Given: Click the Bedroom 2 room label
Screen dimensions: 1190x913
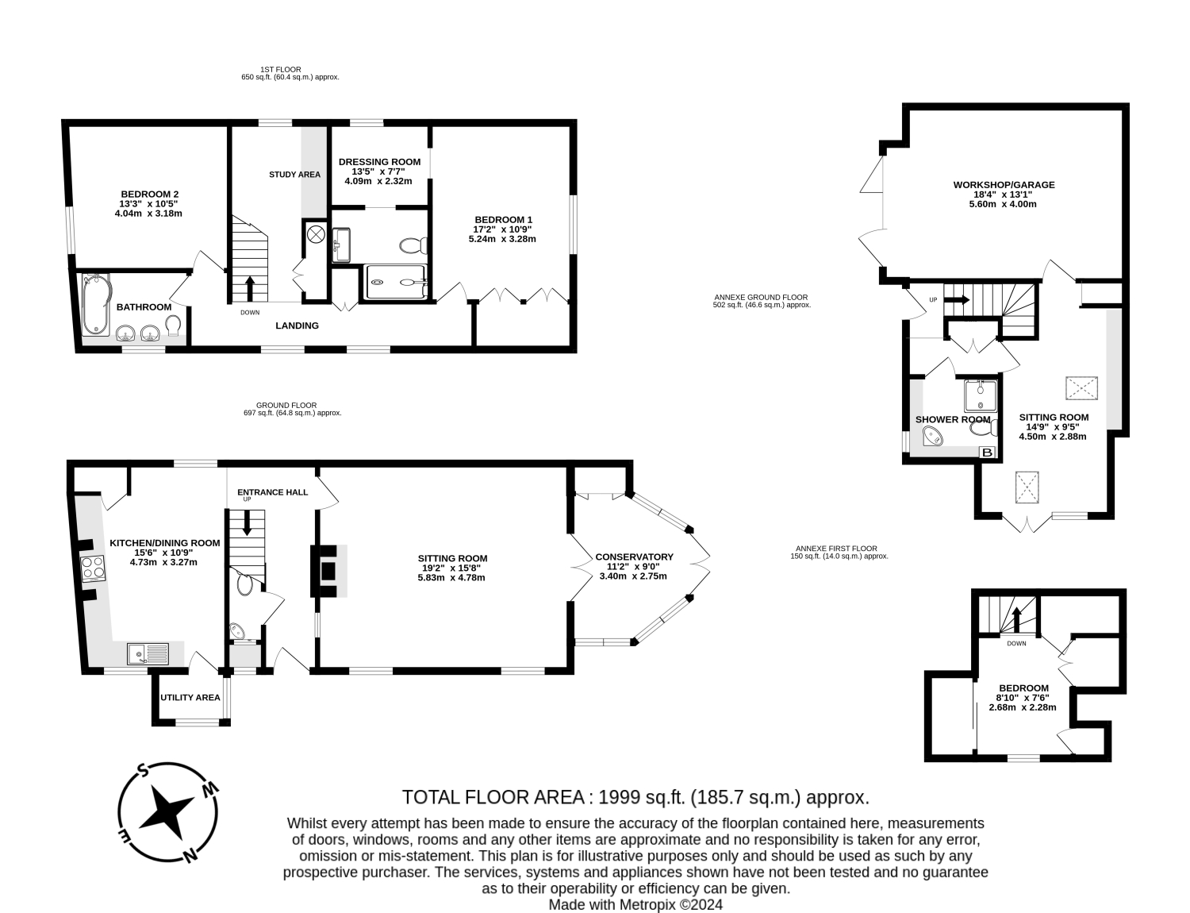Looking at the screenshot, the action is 149,194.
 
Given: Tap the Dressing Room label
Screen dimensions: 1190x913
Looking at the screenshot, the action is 379,162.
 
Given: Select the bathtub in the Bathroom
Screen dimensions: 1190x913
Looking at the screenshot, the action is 96,304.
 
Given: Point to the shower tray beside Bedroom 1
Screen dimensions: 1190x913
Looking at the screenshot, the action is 395,282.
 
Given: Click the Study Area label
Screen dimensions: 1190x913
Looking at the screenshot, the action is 294,175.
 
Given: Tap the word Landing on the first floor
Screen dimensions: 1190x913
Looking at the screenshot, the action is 297,326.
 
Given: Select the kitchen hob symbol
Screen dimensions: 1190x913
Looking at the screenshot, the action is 93,568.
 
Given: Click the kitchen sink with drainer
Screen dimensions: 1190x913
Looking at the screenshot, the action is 148,653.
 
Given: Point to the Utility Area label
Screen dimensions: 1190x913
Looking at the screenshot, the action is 190,697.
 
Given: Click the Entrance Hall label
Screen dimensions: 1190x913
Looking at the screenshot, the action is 273,492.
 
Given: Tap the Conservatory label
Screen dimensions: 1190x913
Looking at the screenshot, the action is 634,557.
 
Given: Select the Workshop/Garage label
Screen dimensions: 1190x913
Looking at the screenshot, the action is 1004,185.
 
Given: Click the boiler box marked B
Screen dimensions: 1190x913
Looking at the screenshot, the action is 988,453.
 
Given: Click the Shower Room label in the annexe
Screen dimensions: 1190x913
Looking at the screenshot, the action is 953,420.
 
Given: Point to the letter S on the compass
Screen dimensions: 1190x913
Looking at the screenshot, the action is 142,771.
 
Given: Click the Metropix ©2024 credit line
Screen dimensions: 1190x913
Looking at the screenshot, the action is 635,904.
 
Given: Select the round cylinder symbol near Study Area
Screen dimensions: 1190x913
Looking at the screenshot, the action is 316,234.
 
